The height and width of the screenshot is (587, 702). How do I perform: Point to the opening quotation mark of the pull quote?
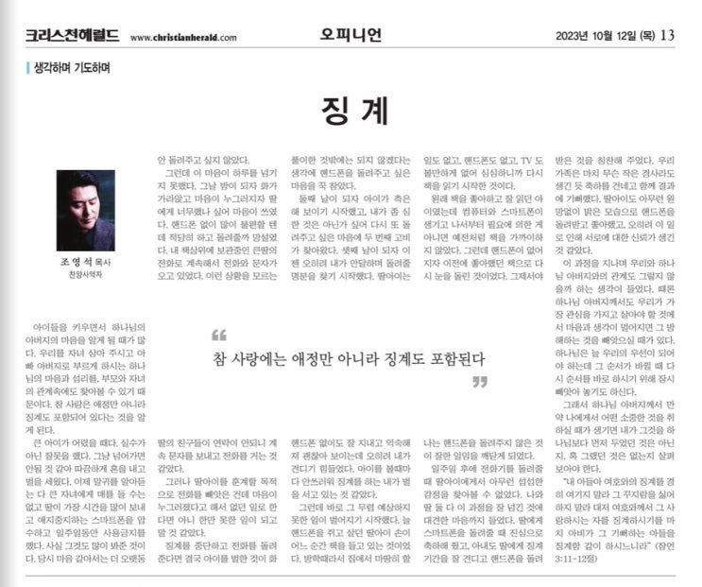pyautogui.click(x=219, y=336)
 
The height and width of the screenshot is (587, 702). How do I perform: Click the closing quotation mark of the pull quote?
pyautogui.click(x=479, y=381)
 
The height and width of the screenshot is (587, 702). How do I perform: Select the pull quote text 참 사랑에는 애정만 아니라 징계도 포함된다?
pyautogui.click(x=349, y=358)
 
